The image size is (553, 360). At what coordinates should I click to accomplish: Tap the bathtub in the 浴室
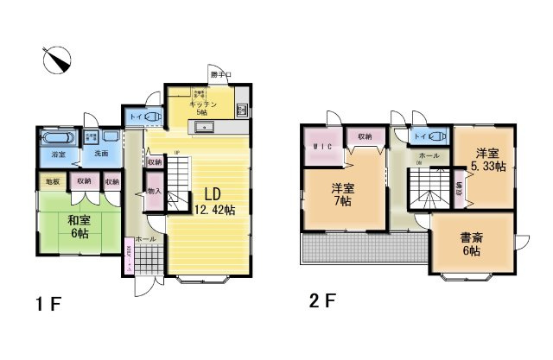pyautogui.click(x=59, y=138)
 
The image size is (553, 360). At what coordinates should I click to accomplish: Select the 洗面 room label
pyautogui.click(x=101, y=154)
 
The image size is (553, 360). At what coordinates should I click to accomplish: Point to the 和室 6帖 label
pyautogui.click(x=80, y=226)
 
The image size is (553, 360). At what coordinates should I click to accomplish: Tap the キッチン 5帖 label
pyautogui.click(x=201, y=108)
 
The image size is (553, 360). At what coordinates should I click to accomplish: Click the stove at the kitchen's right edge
pyautogui.click(x=241, y=110)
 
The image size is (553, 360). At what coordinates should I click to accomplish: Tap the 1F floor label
pyautogui.click(x=49, y=304)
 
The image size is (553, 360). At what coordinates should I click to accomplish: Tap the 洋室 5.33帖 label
pyautogui.click(x=485, y=161)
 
